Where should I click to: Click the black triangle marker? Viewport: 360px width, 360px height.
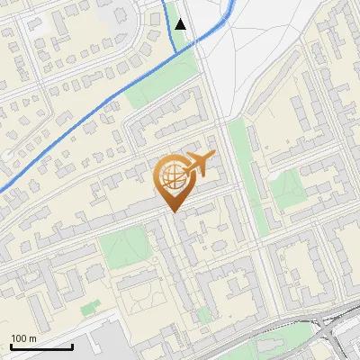(181, 23)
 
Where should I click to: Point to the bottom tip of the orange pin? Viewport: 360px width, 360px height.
(174, 211)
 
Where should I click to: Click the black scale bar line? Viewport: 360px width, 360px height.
(41, 346)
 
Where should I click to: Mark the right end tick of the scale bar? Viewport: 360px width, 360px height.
(72, 344)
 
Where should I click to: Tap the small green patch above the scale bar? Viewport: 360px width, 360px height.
(90, 308)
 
